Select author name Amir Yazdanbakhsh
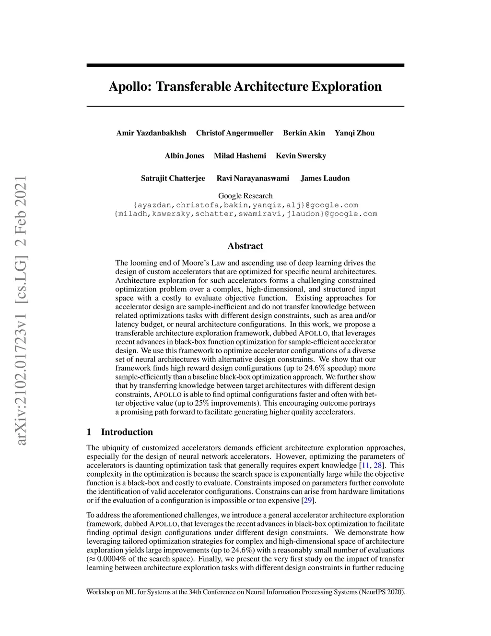[151, 133]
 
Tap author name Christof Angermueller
[234, 133]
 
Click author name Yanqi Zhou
[354, 133]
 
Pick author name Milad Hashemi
[240, 156]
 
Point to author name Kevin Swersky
[301, 156]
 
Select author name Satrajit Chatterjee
[173, 178]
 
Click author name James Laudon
[325, 178]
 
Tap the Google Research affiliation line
[245, 196]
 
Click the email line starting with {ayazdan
[245, 205]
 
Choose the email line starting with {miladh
[245, 214]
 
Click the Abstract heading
[245, 246]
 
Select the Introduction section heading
[127, 432]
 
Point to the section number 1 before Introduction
[89, 432]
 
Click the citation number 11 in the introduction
[365, 465]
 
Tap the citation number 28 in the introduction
[377, 465]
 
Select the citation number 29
[307, 500]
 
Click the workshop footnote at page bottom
[245, 592]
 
